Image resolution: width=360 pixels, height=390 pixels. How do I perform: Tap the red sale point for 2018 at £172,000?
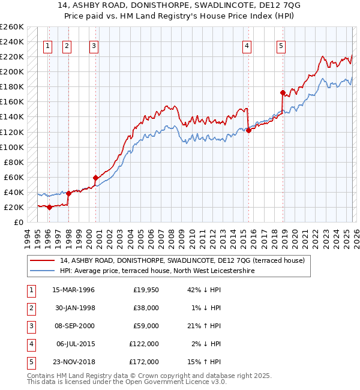click(x=282, y=92)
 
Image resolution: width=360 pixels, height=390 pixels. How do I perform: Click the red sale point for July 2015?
click(x=248, y=130)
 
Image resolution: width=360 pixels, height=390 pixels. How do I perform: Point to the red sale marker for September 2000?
click(x=95, y=178)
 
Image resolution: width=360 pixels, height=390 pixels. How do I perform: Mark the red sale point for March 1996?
click(x=49, y=207)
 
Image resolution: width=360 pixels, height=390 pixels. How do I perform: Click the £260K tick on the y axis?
click(x=12, y=27)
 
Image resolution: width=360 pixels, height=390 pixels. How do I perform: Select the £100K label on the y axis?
click(x=12, y=147)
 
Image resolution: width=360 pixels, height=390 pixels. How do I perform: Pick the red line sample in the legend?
click(x=43, y=261)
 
